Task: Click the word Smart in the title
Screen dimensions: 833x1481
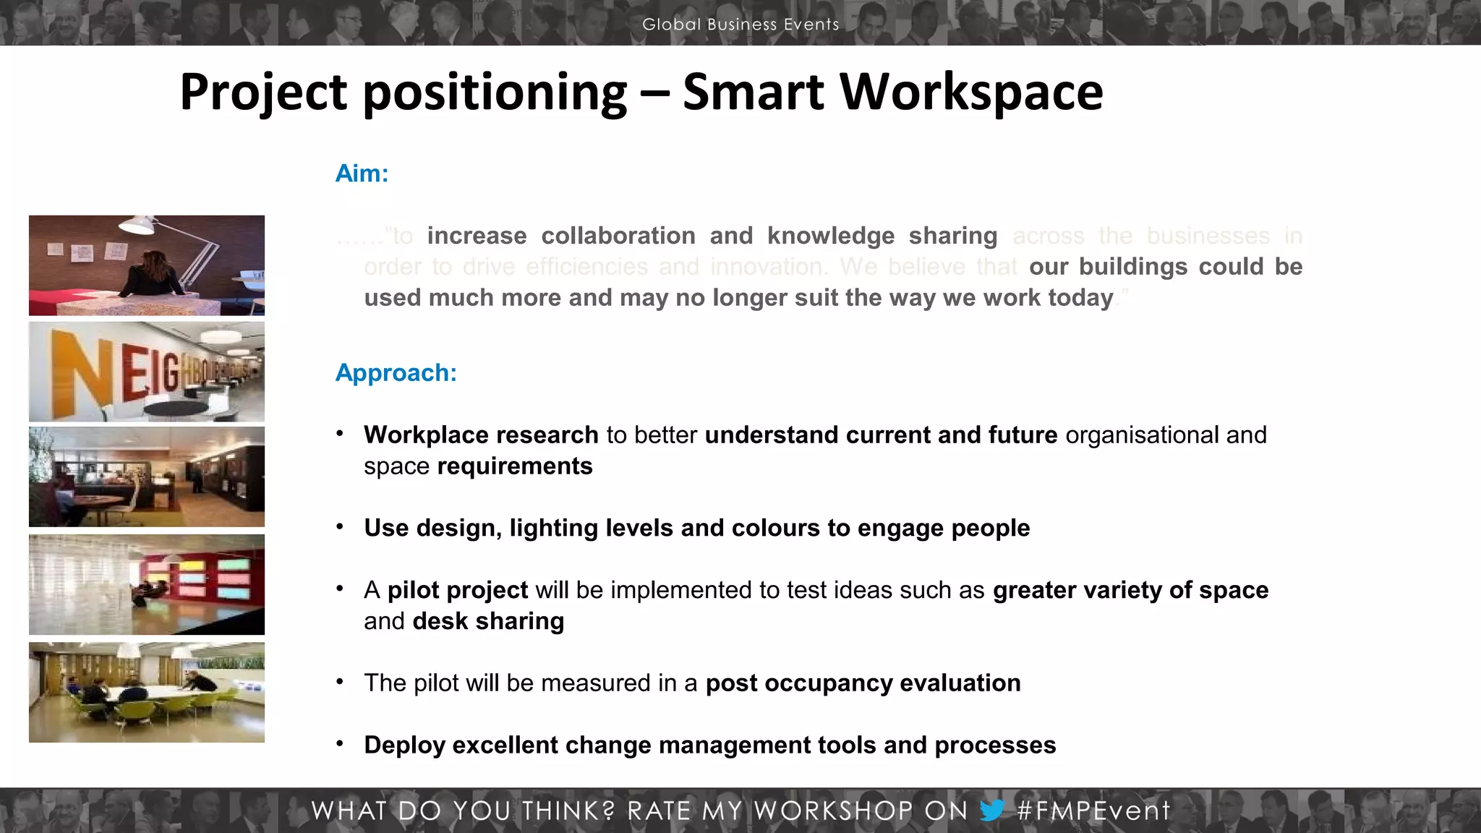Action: [x=753, y=92]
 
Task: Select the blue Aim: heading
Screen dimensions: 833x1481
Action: [x=362, y=174]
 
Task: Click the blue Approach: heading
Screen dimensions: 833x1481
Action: [x=396, y=373]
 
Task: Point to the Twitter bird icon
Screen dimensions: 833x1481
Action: [x=992, y=810]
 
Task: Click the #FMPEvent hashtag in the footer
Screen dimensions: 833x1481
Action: [x=1093, y=811]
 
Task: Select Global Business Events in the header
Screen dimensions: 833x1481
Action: [x=740, y=25]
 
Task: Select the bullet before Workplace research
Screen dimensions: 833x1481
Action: [x=339, y=434]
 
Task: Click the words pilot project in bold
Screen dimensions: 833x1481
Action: [x=457, y=590]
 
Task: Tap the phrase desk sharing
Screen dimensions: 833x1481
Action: [x=488, y=621]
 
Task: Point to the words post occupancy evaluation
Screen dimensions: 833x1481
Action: [x=863, y=683]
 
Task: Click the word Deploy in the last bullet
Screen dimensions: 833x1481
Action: [x=404, y=746]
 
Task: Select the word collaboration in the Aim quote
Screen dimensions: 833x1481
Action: [x=618, y=236]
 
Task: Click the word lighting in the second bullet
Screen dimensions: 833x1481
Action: [x=553, y=529]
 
